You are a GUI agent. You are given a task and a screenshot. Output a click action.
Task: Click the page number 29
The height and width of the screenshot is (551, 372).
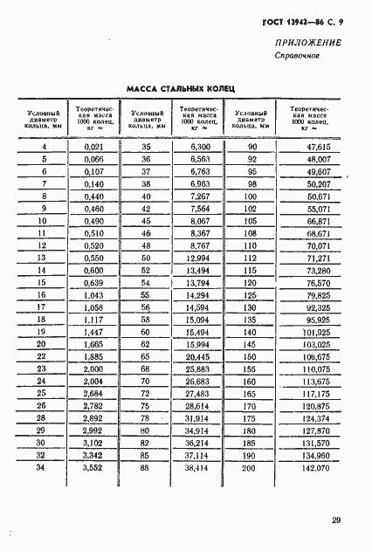pyautogui.click(x=336, y=523)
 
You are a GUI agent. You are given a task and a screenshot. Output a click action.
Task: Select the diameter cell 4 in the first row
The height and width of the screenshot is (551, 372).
pyautogui.click(x=44, y=148)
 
